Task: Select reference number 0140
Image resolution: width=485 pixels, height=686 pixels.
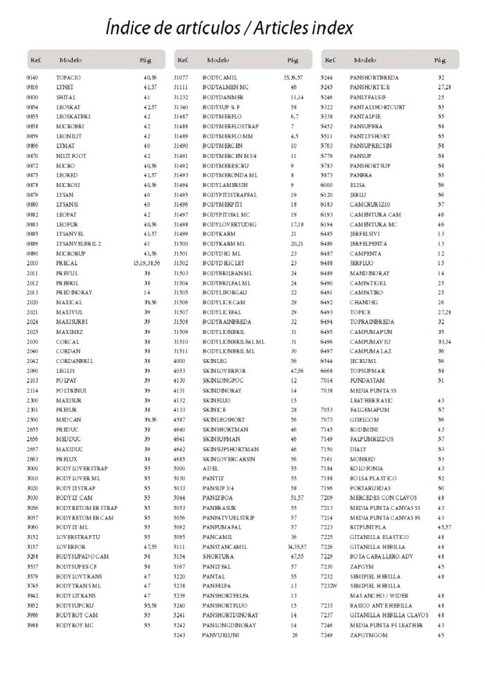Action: pyautogui.click(x=33, y=78)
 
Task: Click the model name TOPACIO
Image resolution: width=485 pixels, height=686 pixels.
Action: pyautogui.click(x=69, y=78)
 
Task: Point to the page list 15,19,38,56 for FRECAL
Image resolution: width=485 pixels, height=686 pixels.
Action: pyautogui.click(x=147, y=263)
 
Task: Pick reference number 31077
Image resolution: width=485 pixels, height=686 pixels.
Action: pyautogui.click(x=181, y=78)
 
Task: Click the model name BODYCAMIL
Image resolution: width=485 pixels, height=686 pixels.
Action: pyautogui.click(x=220, y=78)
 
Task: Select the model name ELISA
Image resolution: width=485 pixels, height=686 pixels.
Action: pyautogui.click(x=358, y=186)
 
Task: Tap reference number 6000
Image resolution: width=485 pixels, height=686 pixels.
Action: pyautogui.click(x=327, y=186)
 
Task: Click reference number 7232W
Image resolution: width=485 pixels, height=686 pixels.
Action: pyautogui.click(x=329, y=586)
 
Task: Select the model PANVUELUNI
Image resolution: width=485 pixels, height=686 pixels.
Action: pyautogui.click(x=221, y=634)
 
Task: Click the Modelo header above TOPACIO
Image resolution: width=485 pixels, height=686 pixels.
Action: pyautogui.click(x=71, y=60)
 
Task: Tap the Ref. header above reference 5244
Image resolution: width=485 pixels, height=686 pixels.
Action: pyautogui.click(x=330, y=60)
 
